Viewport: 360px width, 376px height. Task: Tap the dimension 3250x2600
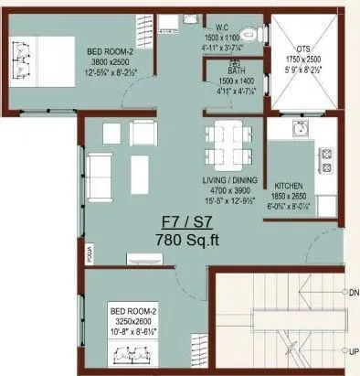135,323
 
